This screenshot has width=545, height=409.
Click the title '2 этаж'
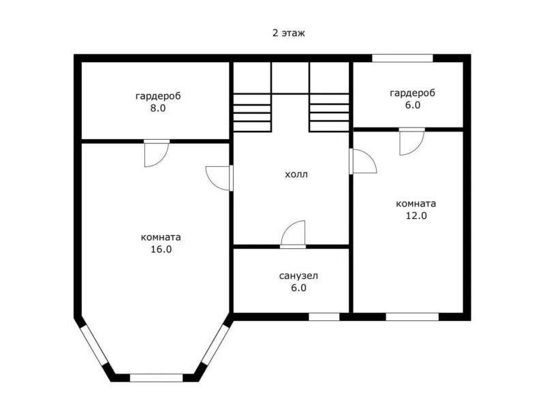[x=288, y=33]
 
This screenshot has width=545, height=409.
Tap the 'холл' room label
[x=296, y=175]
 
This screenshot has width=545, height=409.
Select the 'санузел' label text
[x=298, y=276]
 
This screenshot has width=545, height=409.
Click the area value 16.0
[x=161, y=249]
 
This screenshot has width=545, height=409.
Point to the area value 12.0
[x=416, y=215]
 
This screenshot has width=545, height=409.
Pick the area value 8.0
[x=158, y=108]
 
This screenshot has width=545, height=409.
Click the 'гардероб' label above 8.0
[x=158, y=96]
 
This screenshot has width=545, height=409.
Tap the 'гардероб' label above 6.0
[x=413, y=93]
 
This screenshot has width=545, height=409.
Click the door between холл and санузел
[x=293, y=234]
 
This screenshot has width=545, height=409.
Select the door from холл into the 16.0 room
[x=219, y=178]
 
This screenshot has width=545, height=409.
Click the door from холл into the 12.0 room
[x=363, y=162]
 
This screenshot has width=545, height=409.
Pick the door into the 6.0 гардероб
[x=412, y=142]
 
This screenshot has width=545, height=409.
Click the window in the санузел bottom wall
[x=324, y=317]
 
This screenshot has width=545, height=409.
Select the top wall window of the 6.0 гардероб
[x=402, y=58]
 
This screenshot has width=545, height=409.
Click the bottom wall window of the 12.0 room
[x=412, y=317]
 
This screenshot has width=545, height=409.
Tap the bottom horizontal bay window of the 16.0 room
[x=156, y=378]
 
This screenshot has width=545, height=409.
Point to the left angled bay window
[x=94, y=345]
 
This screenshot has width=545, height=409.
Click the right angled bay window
[x=215, y=345]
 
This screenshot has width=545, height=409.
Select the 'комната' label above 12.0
[x=416, y=203]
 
